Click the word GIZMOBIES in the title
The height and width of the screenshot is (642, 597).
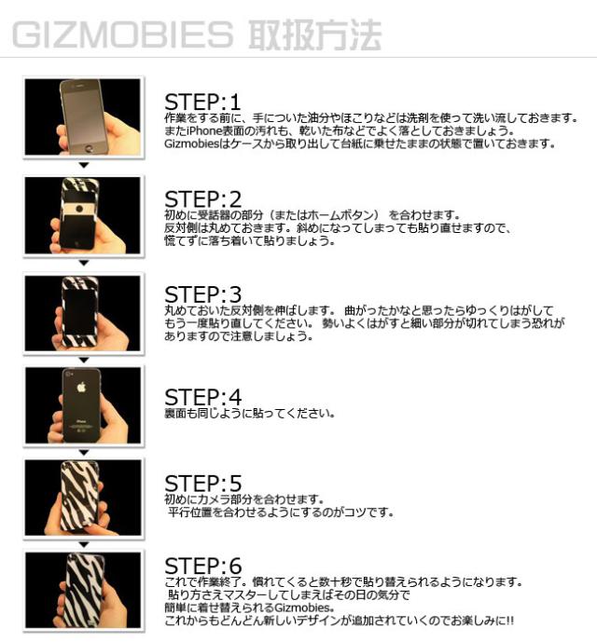[x=122, y=34]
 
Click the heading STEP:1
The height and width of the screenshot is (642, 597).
[x=202, y=102]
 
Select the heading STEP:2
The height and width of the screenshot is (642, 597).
[x=203, y=199]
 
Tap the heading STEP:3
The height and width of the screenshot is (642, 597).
[x=203, y=294]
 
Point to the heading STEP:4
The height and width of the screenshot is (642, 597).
[x=203, y=397]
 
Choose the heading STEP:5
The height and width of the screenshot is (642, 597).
[x=203, y=484]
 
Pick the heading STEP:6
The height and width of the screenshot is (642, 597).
[x=203, y=567]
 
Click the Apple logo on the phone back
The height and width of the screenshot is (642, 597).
[x=81, y=387]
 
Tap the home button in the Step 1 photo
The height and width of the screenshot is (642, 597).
[x=89, y=148]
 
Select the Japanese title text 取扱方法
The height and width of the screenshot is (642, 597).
[x=315, y=34]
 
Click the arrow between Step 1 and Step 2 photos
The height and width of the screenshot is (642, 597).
[x=84, y=165]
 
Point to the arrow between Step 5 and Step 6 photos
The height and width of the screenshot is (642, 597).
[x=84, y=545]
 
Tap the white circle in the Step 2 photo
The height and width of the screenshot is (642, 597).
[x=79, y=209]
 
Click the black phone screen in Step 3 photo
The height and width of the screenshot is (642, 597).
[x=79, y=312]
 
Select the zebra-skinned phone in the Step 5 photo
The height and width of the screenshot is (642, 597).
[x=80, y=497]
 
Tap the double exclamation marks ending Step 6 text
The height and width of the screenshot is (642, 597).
[x=509, y=621]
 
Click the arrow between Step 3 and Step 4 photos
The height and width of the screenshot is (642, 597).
[x=84, y=360]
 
